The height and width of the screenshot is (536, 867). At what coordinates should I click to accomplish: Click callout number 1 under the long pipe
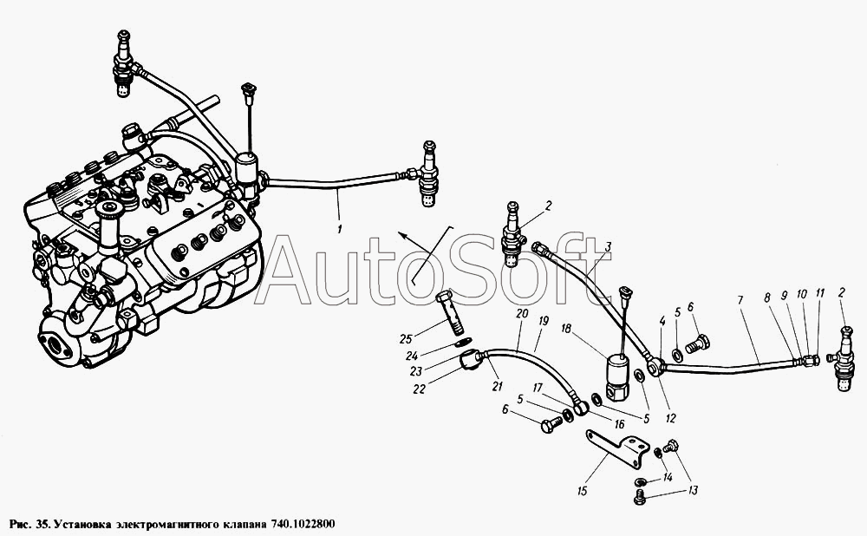click(x=340, y=227)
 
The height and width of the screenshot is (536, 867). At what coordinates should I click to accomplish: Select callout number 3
click(x=608, y=246)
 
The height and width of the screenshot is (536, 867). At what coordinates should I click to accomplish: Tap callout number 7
click(x=740, y=300)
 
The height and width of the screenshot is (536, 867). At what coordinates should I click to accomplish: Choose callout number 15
click(x=582, y=491)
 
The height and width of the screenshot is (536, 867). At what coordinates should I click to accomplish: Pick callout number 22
click(x=419, y=389)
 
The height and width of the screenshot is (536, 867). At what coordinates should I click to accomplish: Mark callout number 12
click(x=670, y=419)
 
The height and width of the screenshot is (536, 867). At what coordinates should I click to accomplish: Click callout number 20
click(x=522, y=314)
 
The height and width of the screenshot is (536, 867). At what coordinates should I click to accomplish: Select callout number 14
click(x=668, y=477)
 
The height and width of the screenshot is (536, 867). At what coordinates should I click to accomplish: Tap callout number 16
click(x=619, y=424)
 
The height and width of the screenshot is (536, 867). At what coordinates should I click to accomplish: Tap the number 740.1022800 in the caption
click(x=303, y=524)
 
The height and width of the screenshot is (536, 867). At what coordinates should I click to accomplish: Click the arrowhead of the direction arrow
click(x=403, y=236)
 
